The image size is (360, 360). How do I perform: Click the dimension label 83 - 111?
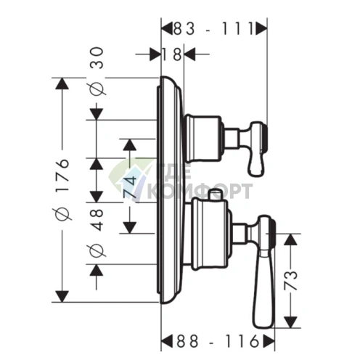coord(213,29)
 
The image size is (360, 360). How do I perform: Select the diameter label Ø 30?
coord(97,70)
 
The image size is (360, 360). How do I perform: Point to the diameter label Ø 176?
coord(63,189)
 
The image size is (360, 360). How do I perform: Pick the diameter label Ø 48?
coord(97,232)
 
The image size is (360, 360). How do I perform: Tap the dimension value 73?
coord(290,280)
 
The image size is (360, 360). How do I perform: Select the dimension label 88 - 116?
coord(217,341)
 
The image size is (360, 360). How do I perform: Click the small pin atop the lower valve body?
coord(216,195)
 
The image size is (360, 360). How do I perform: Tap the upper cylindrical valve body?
coord(203,138)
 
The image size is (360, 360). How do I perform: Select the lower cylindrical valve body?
coord(210,234)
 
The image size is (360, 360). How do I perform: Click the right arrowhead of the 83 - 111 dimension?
coord(262,29)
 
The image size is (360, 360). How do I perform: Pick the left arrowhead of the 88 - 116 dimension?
coord(167,341)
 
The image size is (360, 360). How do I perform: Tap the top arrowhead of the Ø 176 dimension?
coord(62,83)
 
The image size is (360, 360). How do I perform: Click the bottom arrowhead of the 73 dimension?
coord(290,322)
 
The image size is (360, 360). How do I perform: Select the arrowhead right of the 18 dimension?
coord(189,54)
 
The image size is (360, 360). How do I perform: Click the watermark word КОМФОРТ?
coord(200,191)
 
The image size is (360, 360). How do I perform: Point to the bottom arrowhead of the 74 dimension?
coord(130,227)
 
